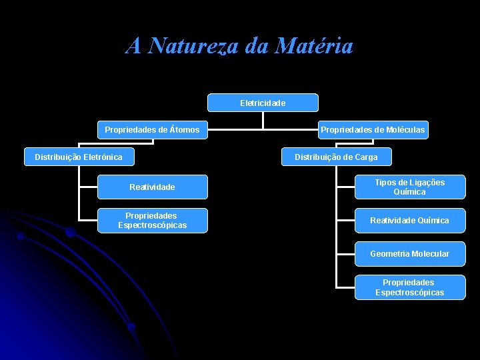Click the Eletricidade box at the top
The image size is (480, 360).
coord(263,103)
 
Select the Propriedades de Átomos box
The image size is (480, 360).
coord(152,129)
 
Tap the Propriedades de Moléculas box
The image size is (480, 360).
coord(372,129)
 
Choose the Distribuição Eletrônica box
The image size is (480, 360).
coord(79,157)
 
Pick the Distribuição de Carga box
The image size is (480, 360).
coord(336,157)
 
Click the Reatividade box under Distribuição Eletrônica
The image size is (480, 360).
coord(152,187)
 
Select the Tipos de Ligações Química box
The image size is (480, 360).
coord(409,187)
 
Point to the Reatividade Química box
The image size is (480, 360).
coord(409,220)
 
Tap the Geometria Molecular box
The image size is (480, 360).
coord(409,253)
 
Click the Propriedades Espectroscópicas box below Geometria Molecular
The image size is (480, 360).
coord(409,287)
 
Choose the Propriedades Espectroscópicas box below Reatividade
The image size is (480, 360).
coord(152,220)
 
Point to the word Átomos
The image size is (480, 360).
coord(184,129)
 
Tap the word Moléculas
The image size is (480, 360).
coord(405,129)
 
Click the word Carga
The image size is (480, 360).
coord(365,157)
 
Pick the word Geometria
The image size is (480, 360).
coord(389,253)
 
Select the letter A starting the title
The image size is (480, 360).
coord(133,46)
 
